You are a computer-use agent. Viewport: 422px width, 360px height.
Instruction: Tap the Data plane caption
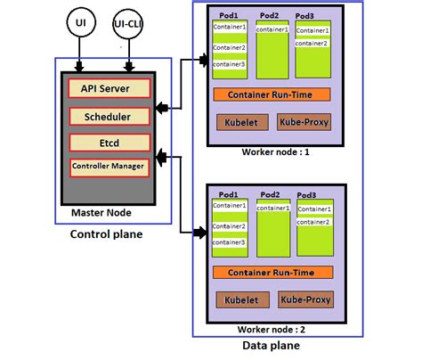click(271, 346)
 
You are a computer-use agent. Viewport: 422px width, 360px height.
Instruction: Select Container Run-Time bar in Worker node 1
click(272, 94)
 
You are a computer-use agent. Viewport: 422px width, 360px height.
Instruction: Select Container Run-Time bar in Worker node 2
click(272, 272)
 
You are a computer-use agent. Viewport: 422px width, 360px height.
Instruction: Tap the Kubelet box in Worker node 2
click(237, 301)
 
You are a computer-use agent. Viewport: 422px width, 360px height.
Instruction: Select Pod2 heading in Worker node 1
click(270, 16)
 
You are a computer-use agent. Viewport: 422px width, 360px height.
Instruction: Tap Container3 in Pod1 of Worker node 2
click(229, 241)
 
